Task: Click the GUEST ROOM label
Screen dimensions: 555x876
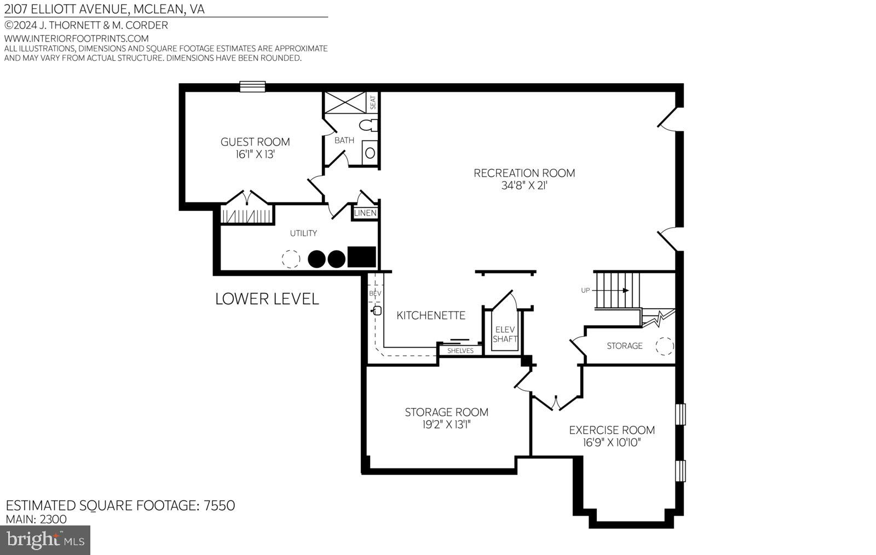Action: coord(255,142)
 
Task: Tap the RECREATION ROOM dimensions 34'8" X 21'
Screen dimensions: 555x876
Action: coord(524,186)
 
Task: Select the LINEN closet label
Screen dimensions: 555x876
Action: coord(365,213)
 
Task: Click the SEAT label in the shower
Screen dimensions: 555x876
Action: coord(373,102)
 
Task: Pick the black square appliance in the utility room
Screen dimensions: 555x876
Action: coord(362,257)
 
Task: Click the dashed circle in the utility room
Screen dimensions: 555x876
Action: coord(291,259)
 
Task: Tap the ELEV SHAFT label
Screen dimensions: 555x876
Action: coord(505,334)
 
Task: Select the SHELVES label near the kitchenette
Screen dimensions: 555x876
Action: coord(460,350)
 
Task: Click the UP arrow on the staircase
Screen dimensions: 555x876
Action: coord(624,291)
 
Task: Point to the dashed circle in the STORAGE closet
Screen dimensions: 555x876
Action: coord(665,346)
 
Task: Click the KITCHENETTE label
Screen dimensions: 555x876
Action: coord(431,315)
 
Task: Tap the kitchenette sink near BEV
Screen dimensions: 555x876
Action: coord(377,311)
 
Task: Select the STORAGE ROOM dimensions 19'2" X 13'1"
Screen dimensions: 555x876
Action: coord(446,424)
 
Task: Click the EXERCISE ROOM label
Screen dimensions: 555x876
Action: coord(612,430)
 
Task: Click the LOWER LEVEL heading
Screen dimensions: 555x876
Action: coord(267,299)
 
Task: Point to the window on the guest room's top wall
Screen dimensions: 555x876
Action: coord(252,86)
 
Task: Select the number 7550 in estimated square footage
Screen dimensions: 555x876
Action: coord(219,505)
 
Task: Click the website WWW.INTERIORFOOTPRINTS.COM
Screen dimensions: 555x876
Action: coord(77,38)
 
